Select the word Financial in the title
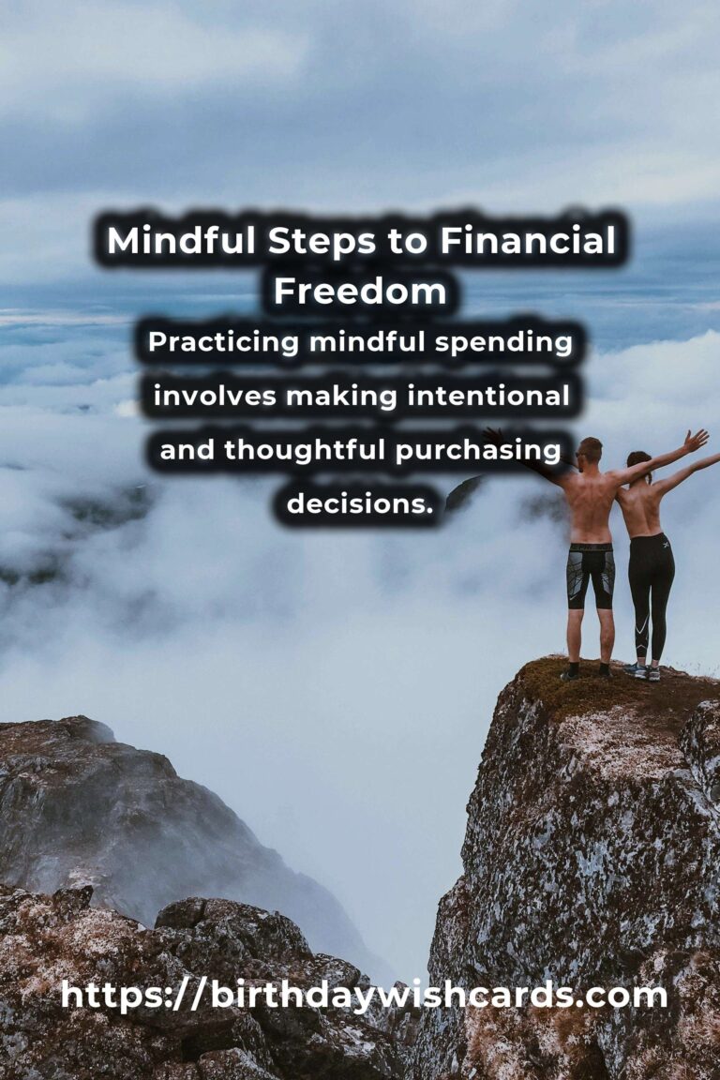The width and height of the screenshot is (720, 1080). (528, 240)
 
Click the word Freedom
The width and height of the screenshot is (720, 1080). (360, 292)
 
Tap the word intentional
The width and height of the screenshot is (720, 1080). (488, 396)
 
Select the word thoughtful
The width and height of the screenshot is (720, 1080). (304, 451)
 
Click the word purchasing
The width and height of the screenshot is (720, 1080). (478, 451)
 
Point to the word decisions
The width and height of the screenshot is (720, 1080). (360, 503)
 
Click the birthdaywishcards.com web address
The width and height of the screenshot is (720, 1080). (364, 996)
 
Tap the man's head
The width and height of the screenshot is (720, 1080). (591, 450)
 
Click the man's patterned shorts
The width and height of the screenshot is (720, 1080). (591, 576)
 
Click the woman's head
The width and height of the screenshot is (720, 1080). (638, 463)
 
